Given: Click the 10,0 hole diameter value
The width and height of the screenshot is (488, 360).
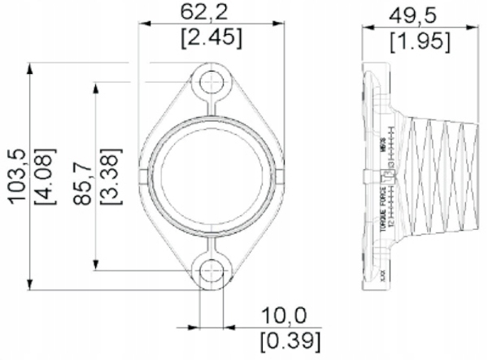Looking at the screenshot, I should pyautogui.click(x=283, y=315).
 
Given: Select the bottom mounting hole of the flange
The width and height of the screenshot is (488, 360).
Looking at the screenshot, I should pyautogui.click(x=212, y=271).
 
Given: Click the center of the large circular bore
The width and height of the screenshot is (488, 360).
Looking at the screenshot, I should pyautogui.click(x=212, y=176).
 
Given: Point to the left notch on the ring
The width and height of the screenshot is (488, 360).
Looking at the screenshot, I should pyautogui.click(x=144, y=176).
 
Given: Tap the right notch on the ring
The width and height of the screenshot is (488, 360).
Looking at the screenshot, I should pyautogui.click(x=281, y=176).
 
